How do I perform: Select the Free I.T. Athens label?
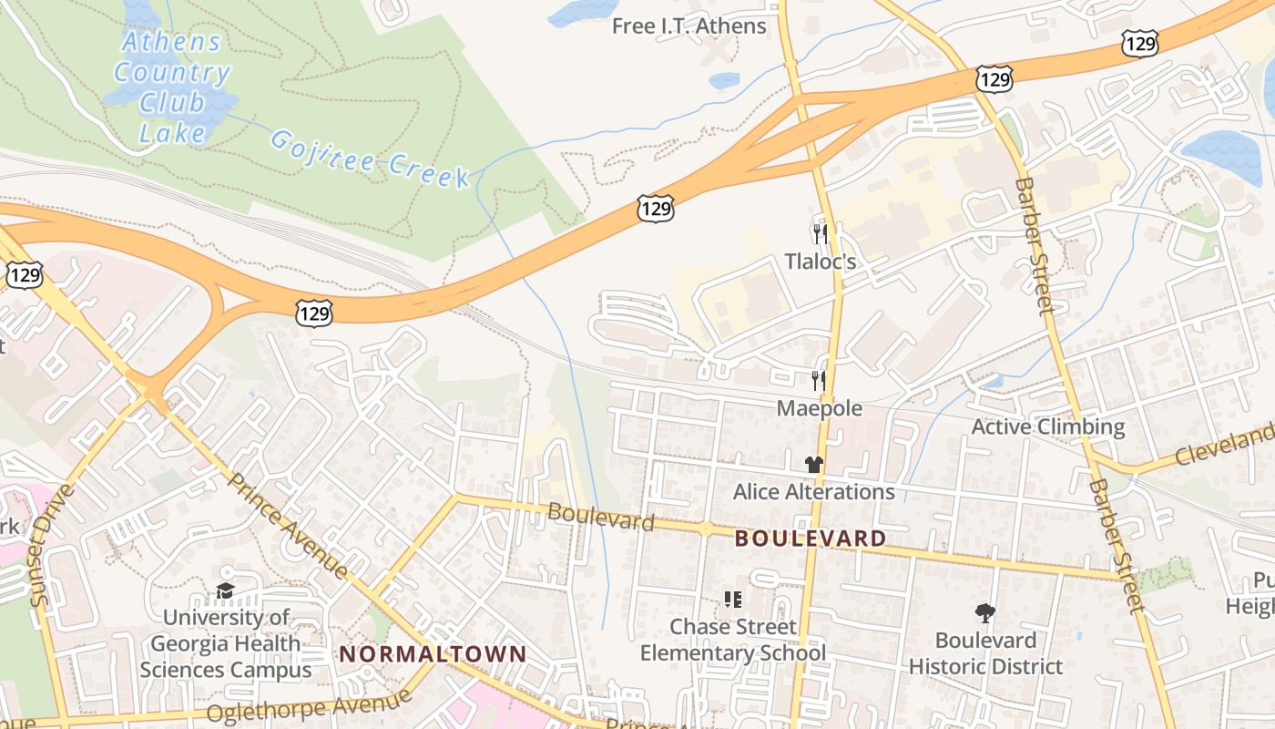coord(688,26)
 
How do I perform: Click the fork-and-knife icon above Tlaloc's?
coord(821,234)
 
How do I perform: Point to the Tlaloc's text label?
coord(821,262)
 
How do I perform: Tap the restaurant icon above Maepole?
coord(819,380)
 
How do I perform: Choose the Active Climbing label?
coord(1048,426)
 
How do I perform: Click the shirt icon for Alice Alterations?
coord(813,464)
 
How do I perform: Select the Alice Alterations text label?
coord(813,492)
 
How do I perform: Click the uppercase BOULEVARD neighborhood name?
coord(810,539)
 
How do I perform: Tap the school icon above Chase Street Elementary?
coord(733,599)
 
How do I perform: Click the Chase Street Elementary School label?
coord(733,640)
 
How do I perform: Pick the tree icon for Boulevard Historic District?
coord(984,612)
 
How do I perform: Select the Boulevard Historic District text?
coord(985,653)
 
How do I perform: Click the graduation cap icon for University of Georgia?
coord(225,591)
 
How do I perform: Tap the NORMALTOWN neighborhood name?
coord(433,653)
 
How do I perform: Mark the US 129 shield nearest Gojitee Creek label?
coord(656,209)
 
